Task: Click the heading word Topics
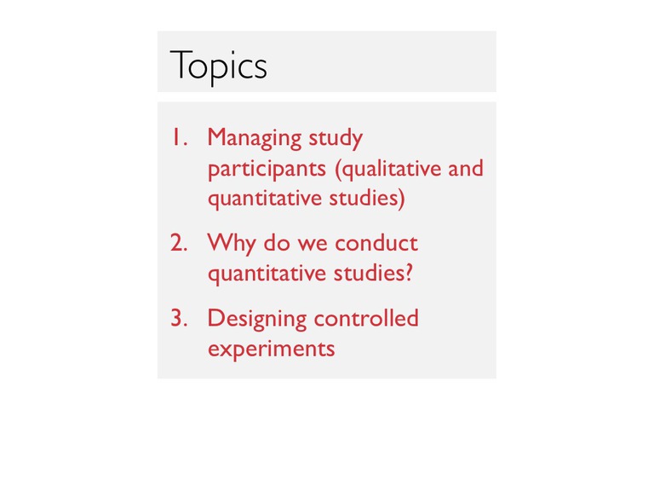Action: (219, 66)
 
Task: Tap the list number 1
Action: (180, 137)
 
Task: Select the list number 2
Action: (179, 243)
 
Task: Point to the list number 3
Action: (179, 318)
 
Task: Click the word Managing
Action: (255, 139)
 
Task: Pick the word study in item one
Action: (336, 139)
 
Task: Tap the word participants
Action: (267, 170)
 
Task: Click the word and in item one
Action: (466, 168)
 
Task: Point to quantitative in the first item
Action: (265, 199)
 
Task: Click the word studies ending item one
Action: (367, 199)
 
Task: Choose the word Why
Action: (232, 244)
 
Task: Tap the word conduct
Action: (376, 243)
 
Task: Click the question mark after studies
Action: (409, 273)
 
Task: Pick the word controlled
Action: (366, 318)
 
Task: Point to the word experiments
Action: (272, 349)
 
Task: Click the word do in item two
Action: (277, 243)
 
